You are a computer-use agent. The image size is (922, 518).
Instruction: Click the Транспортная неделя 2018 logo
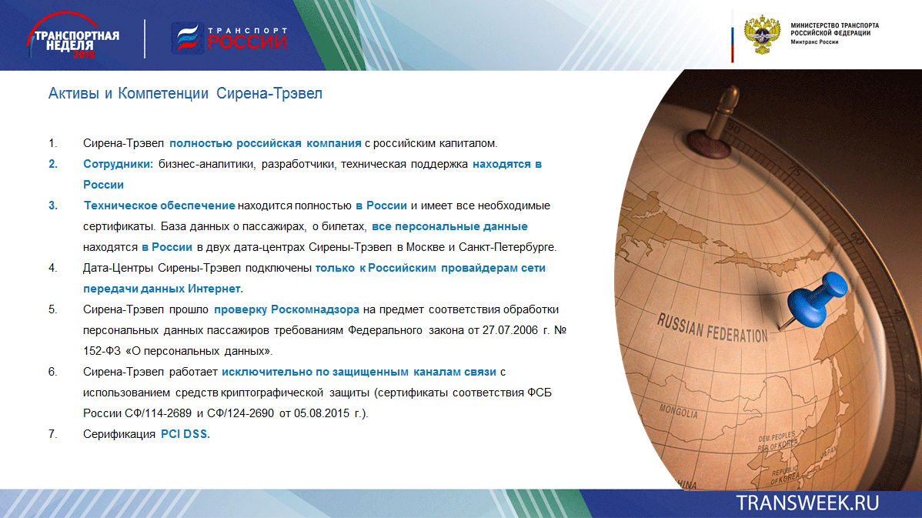[x=73, y=35]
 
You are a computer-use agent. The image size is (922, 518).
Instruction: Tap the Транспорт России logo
[x=229, y=38]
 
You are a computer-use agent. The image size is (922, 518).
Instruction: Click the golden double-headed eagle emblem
[x=762, y=35]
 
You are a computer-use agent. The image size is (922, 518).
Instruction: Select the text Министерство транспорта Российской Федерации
[x=834, y=29]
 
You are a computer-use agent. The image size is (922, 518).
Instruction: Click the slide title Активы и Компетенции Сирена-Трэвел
[x=185, y=93]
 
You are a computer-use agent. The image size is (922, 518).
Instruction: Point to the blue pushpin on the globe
[x=815, y=300]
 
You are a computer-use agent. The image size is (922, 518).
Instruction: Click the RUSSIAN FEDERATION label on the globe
[x=712, y=327]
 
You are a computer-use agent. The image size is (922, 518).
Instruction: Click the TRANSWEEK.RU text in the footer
[x=807, y=503]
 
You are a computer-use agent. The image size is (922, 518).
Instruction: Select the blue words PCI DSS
[x=185, y=434]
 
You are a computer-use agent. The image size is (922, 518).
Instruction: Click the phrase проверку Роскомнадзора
[x=286, y=309]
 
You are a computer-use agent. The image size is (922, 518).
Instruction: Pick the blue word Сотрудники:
[x=118, y=164]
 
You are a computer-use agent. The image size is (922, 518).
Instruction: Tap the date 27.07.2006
[x=509, y=330]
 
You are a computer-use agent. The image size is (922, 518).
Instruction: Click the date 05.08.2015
[x=322, y=413]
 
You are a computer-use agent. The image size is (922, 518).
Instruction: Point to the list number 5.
[x=52, y=309]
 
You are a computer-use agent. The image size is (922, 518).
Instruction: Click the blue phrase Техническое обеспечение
[x=159, y=206]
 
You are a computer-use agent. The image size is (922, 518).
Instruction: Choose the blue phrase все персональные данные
[x=449, y=226]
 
